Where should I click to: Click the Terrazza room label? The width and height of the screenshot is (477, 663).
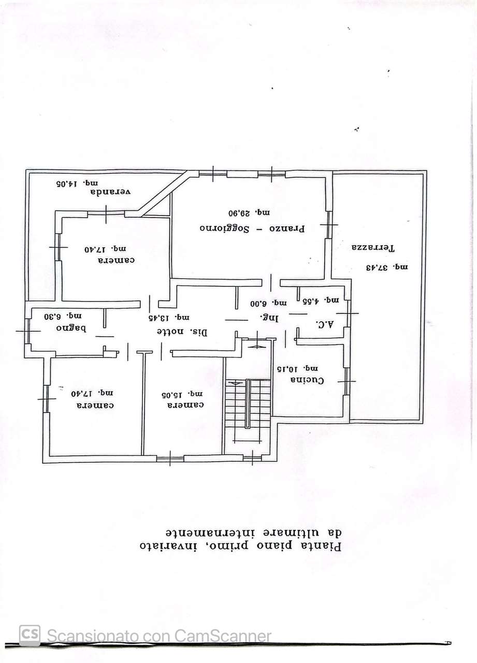(x=373, y=248)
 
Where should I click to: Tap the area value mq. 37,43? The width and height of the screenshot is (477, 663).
(x=387, y=268)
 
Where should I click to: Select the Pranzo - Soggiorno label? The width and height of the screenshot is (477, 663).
(x=252, y=228)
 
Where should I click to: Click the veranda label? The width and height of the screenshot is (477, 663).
(x=110, y=192)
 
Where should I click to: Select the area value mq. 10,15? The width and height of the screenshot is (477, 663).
(x=297, y=369)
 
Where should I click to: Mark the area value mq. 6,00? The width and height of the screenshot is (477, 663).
(x=269, y=304)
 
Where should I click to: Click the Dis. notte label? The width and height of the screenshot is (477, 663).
(x=182, y=332)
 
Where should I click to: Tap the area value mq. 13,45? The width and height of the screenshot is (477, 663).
(x=169, y=318)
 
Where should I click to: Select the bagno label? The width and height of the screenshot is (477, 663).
(x=71, y=328)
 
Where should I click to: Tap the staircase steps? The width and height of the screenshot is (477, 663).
(x=248, y=403)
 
